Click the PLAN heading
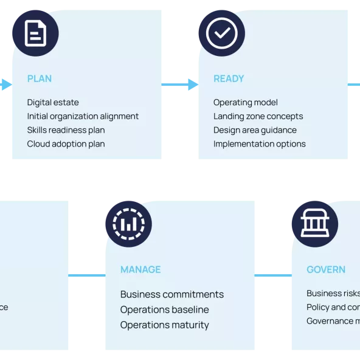click(40, 78)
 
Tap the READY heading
click(229, 78)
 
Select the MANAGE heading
click(140, 269)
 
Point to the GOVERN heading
click(326, 269)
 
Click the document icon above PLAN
click(35, 33)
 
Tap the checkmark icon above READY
click(221, 33)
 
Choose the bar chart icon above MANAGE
click(128, 224)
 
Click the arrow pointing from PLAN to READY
click(180, 85)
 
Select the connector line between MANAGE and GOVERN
click(272, 275)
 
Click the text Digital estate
click(53, 103)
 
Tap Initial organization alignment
click(83, 116)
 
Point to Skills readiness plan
click(66, 130)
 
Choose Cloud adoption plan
click(66, 144)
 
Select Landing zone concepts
click(258, 116)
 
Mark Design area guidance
click(255, 130)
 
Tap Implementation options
click(259, 144)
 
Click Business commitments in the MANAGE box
click(172, 294)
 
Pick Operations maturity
click(164, 325)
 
